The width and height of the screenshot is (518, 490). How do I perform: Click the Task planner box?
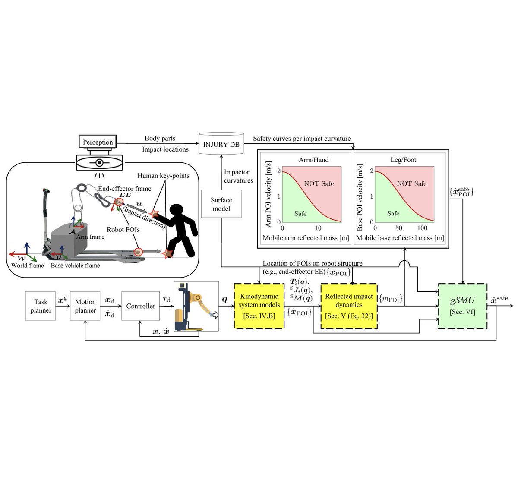point(41,306)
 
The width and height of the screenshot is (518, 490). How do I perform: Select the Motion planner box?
point(85,306)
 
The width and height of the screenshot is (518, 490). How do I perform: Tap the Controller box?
point(140,306)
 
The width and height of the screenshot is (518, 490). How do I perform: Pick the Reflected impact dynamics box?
point(349,306)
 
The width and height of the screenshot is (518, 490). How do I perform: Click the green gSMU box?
point(462,306)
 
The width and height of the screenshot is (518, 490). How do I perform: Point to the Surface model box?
point(221,204)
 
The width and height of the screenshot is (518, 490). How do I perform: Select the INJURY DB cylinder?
point(221,144)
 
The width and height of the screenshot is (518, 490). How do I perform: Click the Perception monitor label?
point(98,142)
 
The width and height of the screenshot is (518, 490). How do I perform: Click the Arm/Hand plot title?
point(314,160)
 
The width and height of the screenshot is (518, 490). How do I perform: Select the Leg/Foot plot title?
point(403,160)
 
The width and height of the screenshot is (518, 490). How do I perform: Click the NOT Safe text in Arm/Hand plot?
point(319,183)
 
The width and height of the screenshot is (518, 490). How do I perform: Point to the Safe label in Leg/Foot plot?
point(393,213)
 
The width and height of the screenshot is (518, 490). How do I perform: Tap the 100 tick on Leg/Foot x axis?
point(422,228)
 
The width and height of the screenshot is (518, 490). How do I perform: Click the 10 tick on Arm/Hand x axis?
point(318,228)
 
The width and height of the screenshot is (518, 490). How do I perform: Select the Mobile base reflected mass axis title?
point(400,238)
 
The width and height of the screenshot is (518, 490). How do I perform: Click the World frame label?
point(28,265)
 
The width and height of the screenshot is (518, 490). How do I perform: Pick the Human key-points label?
point(163,176)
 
